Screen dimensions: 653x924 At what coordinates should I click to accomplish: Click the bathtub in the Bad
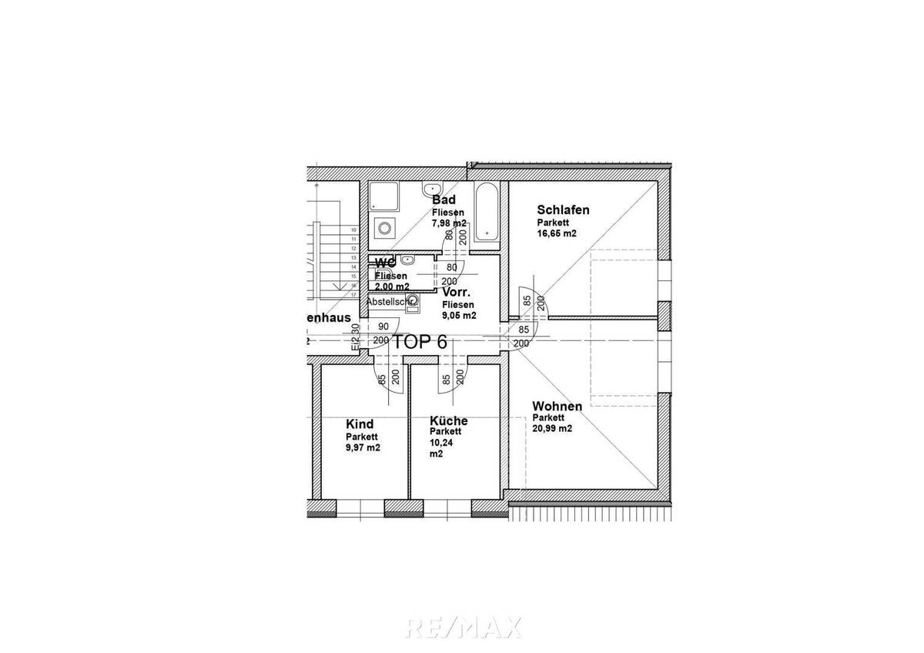486,212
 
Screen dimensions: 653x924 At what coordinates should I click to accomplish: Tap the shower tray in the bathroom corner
383,198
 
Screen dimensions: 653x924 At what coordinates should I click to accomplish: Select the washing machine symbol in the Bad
383,228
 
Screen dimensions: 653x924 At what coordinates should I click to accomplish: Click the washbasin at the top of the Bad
431,189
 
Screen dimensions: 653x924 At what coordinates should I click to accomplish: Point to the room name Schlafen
564,209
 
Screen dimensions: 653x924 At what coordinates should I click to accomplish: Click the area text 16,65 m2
557,233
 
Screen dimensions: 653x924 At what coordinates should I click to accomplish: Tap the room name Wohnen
557,406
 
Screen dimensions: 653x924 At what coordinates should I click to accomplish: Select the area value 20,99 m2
552,429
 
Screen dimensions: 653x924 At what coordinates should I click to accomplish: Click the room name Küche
449,420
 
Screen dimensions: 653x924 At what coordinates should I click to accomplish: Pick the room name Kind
360,424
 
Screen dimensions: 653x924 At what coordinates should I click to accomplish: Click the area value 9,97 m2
363,447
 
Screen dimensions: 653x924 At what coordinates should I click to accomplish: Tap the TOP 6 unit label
420,343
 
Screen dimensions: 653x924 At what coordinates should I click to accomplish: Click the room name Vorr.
457,293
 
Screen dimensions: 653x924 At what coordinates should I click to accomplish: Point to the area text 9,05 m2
459,315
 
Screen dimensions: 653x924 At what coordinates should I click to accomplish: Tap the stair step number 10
353,230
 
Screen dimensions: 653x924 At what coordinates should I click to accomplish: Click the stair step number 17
353,294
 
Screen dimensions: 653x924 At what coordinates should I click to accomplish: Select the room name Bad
444,199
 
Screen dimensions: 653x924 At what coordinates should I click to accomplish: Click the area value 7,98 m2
449,223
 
